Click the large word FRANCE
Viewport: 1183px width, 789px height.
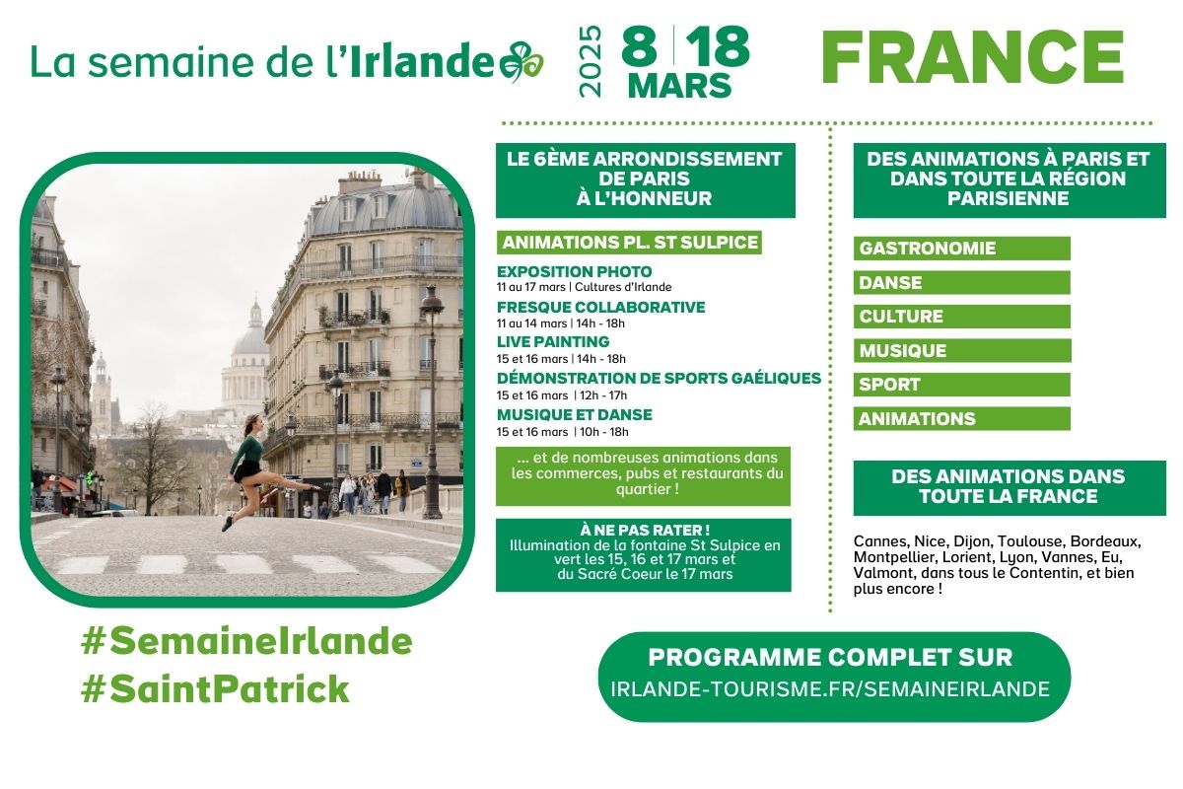click(x=972, y=58)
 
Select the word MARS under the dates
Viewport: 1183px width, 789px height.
click(x=680, y=85)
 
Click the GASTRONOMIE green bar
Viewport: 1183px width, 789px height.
click(x=961, y=249)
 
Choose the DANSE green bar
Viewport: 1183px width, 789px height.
click(x=961, y=282)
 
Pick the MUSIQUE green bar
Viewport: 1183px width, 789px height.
click(x=961, y=350)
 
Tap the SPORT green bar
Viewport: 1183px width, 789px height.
click(x=961, y=385)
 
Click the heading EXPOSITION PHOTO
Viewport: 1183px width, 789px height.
click(x=574, y=271)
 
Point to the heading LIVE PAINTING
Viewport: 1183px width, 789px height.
click(x=553, y=341)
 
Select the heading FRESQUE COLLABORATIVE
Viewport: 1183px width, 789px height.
click(x=600, y=307)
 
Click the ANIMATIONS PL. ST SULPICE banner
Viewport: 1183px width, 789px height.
click(x=629, y=243)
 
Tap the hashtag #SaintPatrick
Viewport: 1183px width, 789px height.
click(x=215, y=689)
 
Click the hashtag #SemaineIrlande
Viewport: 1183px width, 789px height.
click(x=246, y=642)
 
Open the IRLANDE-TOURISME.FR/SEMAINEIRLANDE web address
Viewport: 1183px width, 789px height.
click(x=834, y=689)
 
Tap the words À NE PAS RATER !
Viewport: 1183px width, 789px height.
click(x=643, y=529)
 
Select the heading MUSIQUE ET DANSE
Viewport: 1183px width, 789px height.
click(x=574, y=414)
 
